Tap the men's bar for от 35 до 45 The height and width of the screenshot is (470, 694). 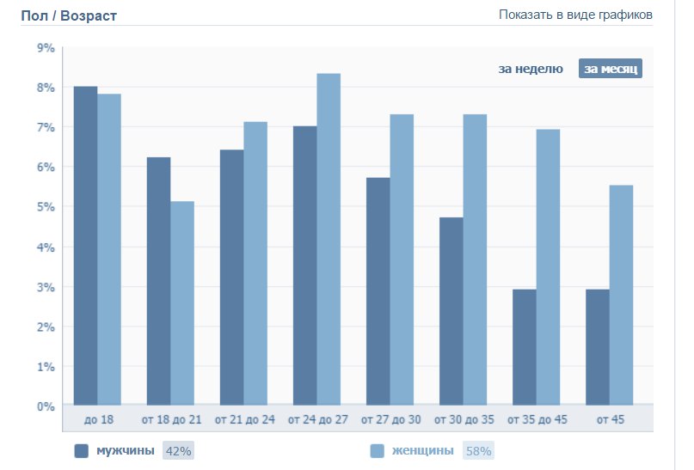[x=525, y=347]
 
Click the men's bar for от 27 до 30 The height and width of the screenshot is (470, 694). [x=378, y=291]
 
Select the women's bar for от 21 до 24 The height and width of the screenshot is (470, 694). [x=255, y=263]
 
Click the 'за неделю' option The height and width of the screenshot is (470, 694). [x=531, y=69]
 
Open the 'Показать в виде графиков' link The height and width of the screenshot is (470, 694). [x=575, y=15]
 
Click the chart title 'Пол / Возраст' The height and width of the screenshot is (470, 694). [x=69, y=15]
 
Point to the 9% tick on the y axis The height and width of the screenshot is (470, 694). [x=46, y=48]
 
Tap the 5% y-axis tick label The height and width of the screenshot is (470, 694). [x=46, y=207]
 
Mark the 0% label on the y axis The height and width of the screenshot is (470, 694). [x=46, y=406]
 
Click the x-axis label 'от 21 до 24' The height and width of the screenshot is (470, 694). [x=244, y=419]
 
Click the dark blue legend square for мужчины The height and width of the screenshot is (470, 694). [x=83, y=451]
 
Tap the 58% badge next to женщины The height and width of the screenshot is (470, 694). [x=477, y=451]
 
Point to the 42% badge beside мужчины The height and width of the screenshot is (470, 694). [x=178, y=451]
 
